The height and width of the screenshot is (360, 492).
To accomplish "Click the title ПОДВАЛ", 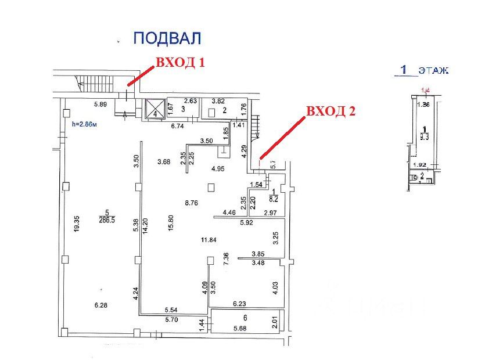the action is coord(167,39).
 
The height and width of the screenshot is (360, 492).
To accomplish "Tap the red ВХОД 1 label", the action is coord(179,63).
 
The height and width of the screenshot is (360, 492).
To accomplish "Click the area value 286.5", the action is coord(106,220).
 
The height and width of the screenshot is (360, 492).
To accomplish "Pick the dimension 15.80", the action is coord(171,226).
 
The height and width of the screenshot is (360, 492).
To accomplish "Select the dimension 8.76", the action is coord(192,203).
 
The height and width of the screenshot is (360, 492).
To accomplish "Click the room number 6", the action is coord(245,318).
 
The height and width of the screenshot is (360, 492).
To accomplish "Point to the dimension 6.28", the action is coord(101,305).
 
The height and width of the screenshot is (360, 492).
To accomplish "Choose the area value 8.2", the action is coord(272,197).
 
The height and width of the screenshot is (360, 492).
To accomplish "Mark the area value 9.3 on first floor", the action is coord(426,137).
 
